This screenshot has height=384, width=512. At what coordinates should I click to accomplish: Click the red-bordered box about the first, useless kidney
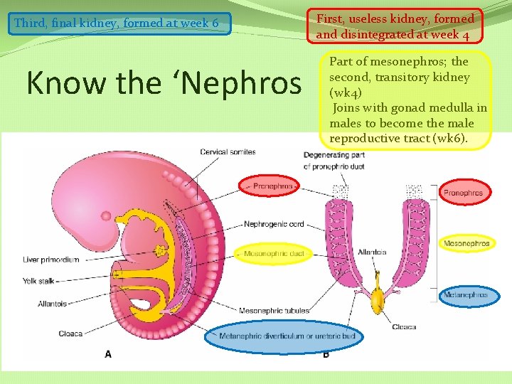tap(395, 26)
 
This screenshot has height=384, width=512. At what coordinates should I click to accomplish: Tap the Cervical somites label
tap(228, 152)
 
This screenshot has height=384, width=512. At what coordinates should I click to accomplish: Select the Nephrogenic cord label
tap(274, 224)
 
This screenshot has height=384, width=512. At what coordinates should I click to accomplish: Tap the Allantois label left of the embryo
tap(52, 304)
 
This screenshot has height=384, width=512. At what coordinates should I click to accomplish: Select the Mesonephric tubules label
tap(274, 310)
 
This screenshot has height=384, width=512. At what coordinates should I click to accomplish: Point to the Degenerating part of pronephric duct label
tap(335, 160)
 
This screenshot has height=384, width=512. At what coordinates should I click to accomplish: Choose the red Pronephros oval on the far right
tap(463, 193)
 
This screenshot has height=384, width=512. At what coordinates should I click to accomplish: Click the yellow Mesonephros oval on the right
tap(466, 244)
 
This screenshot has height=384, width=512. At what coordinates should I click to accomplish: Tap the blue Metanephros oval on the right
tap(466, 294)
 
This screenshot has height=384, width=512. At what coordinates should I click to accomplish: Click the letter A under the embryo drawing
tap(108, 353)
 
